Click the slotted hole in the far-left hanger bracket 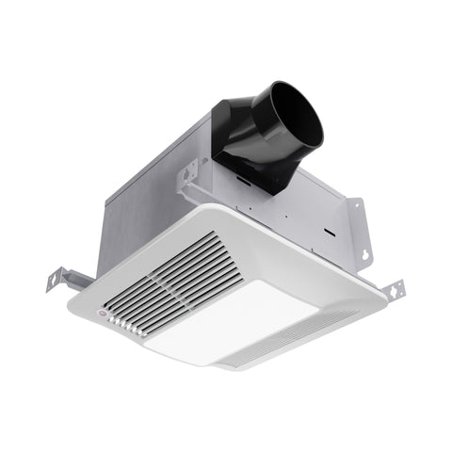(55, 281)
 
